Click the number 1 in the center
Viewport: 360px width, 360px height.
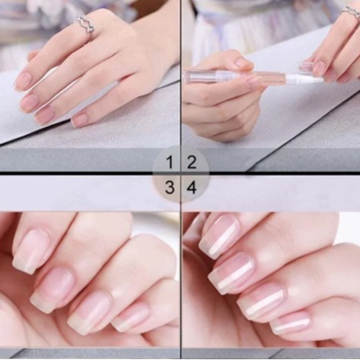pos(170,162)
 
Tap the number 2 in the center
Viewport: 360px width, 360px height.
pos(192,162)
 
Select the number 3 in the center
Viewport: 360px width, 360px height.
pos(170,187)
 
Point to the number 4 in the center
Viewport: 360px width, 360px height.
pos(192,188)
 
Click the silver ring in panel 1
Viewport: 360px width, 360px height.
pos(86,24)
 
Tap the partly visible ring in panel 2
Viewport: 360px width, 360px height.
pos(350,13)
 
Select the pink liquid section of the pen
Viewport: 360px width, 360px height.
pos(265,77)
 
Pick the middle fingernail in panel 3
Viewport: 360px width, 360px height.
pos(53,289)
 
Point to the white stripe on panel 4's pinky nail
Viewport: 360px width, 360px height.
pos(290,327)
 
